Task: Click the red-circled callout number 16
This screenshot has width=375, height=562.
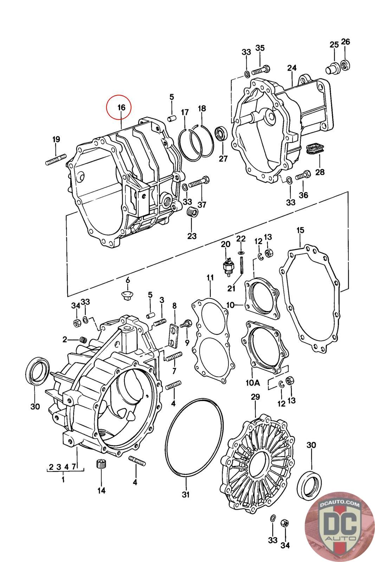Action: pyautogui.click(x=121, y=107)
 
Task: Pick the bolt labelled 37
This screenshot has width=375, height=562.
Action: pyautogui.click(x=199, y=183)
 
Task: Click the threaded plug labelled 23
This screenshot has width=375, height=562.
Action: pyautogui.click(x=192, y=212)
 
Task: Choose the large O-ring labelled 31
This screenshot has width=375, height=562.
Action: pyautogui.click(x=194, y=437)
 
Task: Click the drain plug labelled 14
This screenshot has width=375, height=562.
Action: pyautogui.click(x=101, y=466)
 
